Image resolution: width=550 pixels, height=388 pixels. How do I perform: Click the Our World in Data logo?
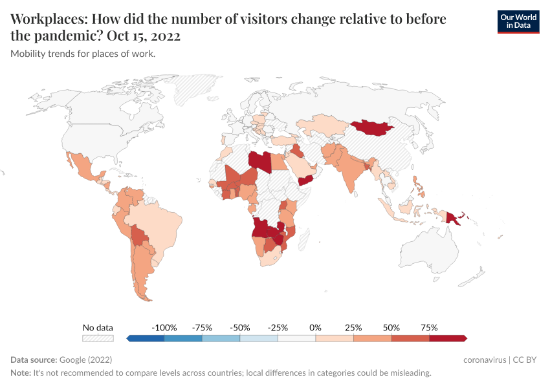518,21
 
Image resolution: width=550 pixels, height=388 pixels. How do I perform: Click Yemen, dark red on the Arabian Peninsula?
305,179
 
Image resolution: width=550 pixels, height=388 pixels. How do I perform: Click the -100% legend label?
164,328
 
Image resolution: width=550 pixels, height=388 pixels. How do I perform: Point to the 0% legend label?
316,328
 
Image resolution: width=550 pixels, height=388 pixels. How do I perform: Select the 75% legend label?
429,328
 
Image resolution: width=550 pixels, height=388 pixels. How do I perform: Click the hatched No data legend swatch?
97,338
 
